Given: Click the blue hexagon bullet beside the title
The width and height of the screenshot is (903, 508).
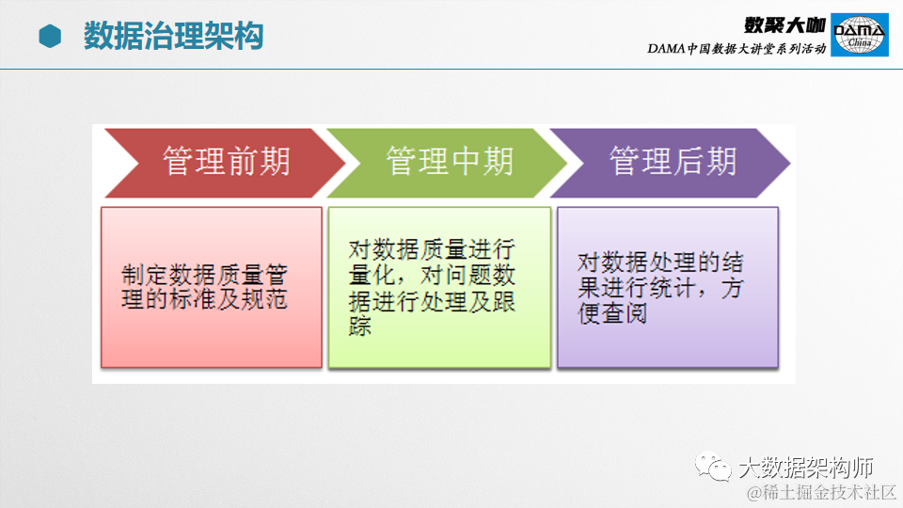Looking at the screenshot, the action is click(x=50, y=37).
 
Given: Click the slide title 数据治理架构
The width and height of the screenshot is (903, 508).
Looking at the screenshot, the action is click(x=173, y=36).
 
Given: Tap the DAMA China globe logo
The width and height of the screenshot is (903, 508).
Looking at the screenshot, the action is click(x=859, y=35).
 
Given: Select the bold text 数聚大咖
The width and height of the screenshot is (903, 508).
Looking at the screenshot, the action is click(x=784, y=25).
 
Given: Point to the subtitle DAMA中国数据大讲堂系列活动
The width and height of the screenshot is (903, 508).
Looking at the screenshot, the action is click(x=737, y=48).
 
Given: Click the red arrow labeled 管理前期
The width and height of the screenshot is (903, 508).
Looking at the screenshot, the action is click(x=225, y=163).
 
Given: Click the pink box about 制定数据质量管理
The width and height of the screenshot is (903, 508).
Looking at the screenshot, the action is click(x=212, y=288).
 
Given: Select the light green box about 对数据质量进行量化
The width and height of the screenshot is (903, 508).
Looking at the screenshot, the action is click(x=439, y=288).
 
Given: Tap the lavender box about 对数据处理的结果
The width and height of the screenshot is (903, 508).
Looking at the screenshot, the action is click(x=668, y=288).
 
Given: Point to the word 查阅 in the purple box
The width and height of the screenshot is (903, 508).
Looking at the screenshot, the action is click(x=625, y=314).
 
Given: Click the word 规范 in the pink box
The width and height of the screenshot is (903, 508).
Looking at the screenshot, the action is click(x=264, y=299).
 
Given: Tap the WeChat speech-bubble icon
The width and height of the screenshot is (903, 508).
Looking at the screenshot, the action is click(x=713, y=466).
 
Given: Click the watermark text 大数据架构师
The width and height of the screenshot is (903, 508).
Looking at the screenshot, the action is click(x=806, y=468).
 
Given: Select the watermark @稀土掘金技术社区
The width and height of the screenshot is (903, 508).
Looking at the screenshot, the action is click(x=822, y=493).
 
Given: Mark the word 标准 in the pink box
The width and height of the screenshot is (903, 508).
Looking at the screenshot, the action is click(x=193, y=299).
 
